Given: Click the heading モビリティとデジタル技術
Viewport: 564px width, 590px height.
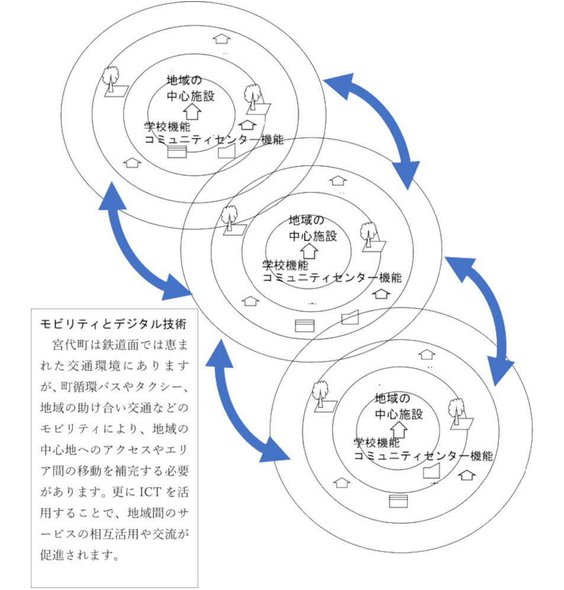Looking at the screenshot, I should (113, 324).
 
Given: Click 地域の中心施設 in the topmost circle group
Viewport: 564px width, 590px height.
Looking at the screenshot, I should (190, 88).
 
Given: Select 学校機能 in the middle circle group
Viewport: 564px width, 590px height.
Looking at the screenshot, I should (285, 264).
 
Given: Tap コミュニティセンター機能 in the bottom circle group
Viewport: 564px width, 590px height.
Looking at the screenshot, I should (423, 456).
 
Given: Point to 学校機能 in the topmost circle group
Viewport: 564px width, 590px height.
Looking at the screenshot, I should (167, 127).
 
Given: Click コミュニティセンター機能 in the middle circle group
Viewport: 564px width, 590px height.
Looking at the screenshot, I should (332, 277).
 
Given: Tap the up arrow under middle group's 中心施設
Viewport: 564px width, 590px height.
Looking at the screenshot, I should (313, 251).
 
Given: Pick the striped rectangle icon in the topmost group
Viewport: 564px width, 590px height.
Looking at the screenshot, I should (177, 152).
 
